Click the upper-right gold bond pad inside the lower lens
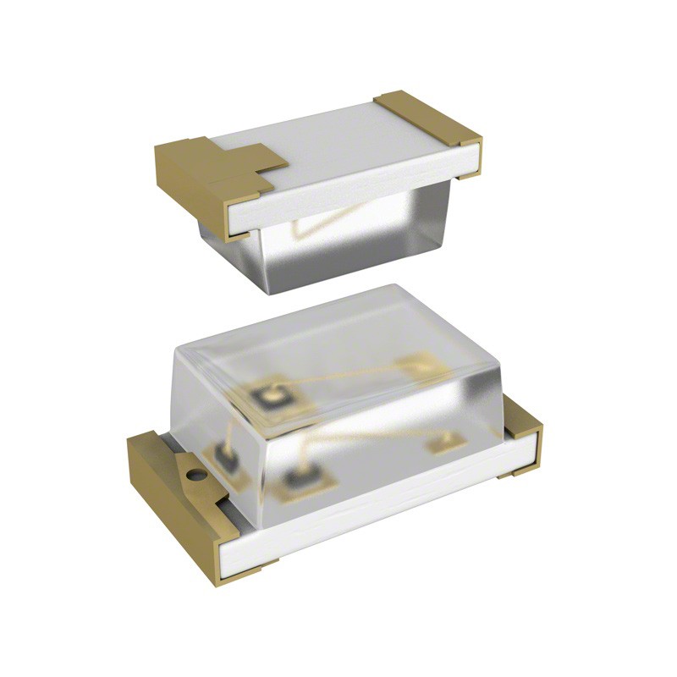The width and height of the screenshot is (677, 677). point(417,366)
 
